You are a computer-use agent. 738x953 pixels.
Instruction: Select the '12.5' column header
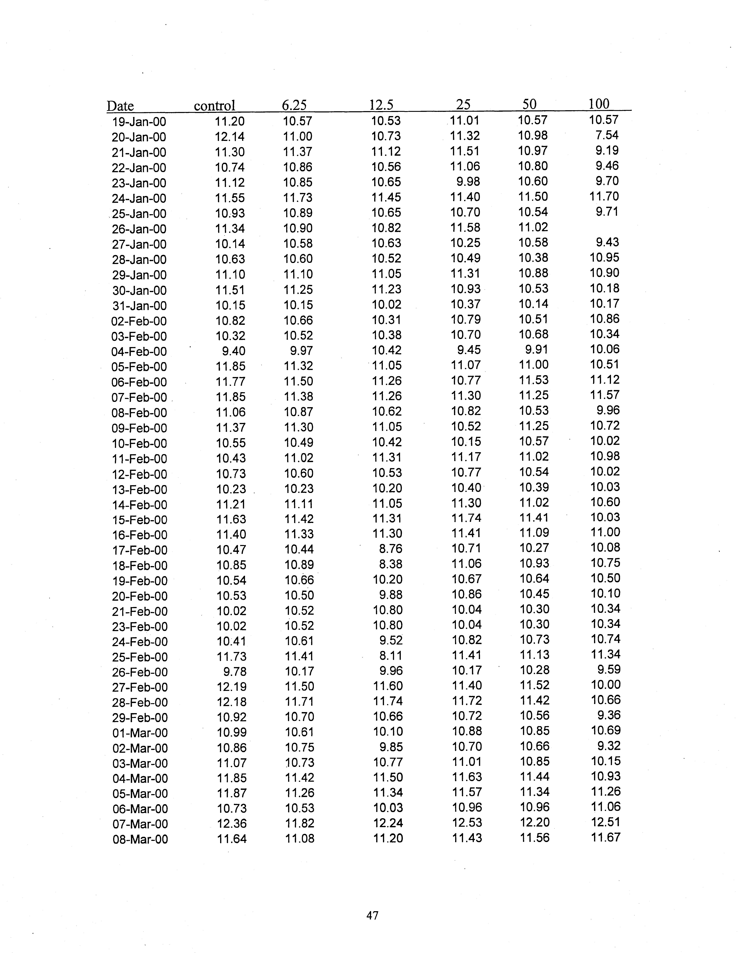pos(381,105)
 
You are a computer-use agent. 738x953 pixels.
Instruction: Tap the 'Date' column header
pos(120,106)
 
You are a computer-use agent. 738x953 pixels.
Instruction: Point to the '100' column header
pos(599,104)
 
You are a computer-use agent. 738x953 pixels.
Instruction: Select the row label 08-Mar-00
pos(140,839)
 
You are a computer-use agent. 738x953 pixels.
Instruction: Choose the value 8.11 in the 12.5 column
pos(391,655)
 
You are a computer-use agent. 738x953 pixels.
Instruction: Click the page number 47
pos(372,915)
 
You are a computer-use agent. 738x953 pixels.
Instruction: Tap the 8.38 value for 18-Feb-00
pos(391,564)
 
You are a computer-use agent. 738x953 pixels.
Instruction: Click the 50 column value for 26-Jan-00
pos(533,227)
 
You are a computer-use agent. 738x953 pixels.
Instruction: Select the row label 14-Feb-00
pos(140,505)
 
